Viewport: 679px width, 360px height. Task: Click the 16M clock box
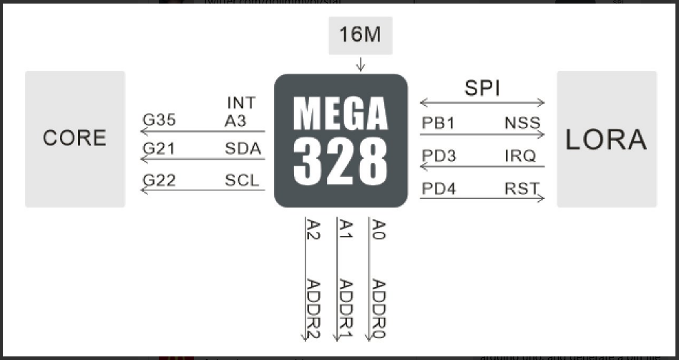point(360,35)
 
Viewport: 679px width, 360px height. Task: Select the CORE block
point(75,138)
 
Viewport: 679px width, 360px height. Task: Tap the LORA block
point(606,139)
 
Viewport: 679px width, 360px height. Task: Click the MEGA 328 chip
point(341,140)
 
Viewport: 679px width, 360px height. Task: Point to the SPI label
point(482,88)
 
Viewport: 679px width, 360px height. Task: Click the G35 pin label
point(159,120)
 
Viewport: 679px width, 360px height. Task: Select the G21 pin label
point(159,150)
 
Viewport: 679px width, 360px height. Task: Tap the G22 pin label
point(159,180)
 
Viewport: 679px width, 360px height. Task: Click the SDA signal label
point(243,150)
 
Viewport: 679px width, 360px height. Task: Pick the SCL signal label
point(242,180)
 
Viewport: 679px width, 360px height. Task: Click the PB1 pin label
point(438,123)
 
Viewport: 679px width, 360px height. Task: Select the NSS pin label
point(522,123)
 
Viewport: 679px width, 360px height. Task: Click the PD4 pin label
point(439,189)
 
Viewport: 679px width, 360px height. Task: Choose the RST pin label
point(522,189)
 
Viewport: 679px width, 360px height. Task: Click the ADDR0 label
point(378,308)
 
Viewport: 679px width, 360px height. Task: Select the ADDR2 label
point(313,308)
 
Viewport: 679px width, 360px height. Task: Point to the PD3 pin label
point(439,156)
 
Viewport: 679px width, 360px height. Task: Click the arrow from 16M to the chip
point(360,64)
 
